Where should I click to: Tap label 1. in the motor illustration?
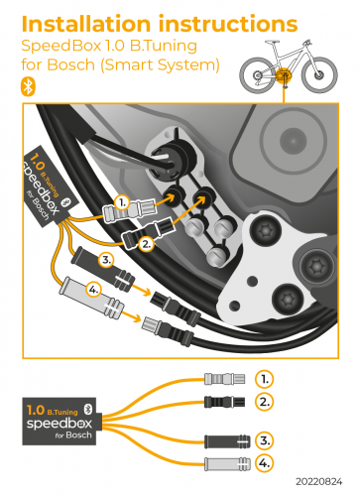pos(121,200)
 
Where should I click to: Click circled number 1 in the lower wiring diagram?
pos(263,379)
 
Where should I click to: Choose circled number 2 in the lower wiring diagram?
pos(263,401)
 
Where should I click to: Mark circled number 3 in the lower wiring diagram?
pos(263,439)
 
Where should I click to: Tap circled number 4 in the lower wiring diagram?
pos(263,462)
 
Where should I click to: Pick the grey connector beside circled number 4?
pos(221,463)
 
